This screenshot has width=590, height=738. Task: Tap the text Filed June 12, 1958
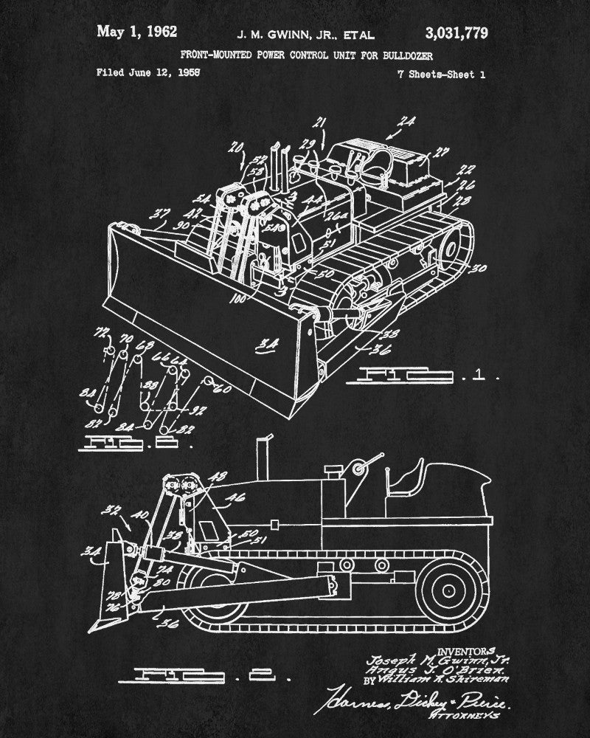tap(149, 73)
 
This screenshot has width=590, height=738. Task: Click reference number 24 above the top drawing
tap(406, 123)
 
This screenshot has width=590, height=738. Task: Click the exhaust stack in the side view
tap(260, 458)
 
